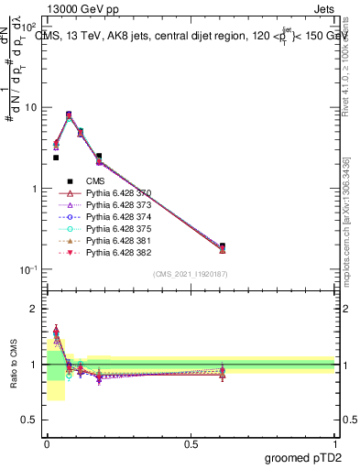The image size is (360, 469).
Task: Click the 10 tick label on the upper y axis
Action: coord(30,107)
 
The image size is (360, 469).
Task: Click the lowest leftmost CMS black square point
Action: coord(56,158)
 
